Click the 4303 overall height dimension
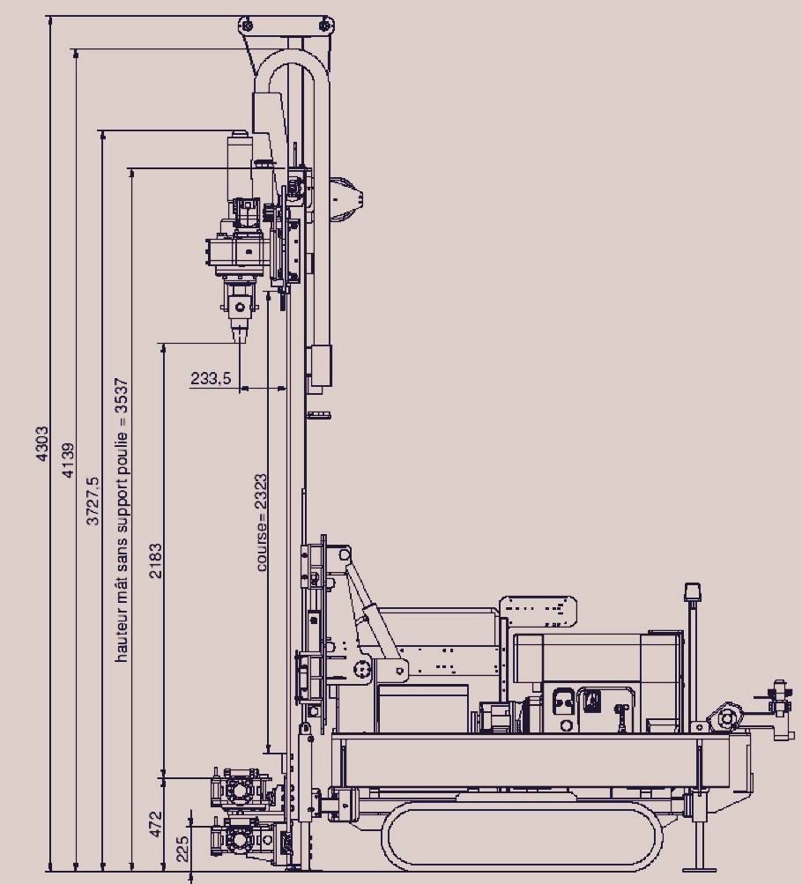(x=42, y=444)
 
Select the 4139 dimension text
(x=68, y=460)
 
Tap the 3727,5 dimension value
(x=93, y=501)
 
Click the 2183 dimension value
(x=155, y=561)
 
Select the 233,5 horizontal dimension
(x=211, y=378)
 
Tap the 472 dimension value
(x=155, y=824)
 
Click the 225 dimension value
(x=183, y=849)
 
